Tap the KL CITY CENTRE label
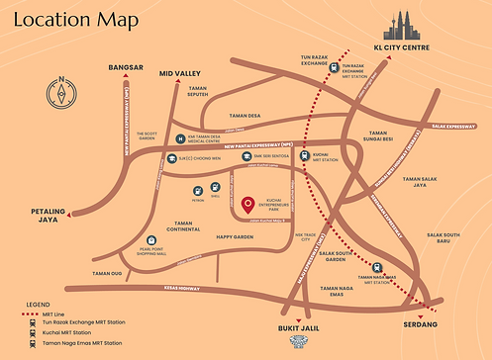(x=401, y=46)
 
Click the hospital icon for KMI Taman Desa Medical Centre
(x=179, y=137)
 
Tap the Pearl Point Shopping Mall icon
(x=150, y=239)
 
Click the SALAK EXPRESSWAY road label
(x=453, y=126)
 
